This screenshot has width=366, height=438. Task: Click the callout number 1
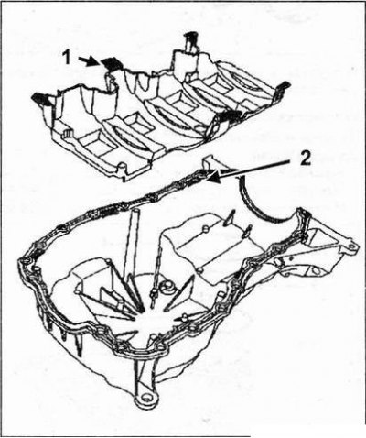click(x=67, y=57)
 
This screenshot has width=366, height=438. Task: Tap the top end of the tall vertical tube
click(x=136, y=211)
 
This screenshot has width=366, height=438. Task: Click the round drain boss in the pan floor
click(x=167, y=286)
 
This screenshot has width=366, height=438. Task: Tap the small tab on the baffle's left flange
click(x=67, y=132)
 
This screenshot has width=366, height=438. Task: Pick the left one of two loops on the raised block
click(x=228, y=218)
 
